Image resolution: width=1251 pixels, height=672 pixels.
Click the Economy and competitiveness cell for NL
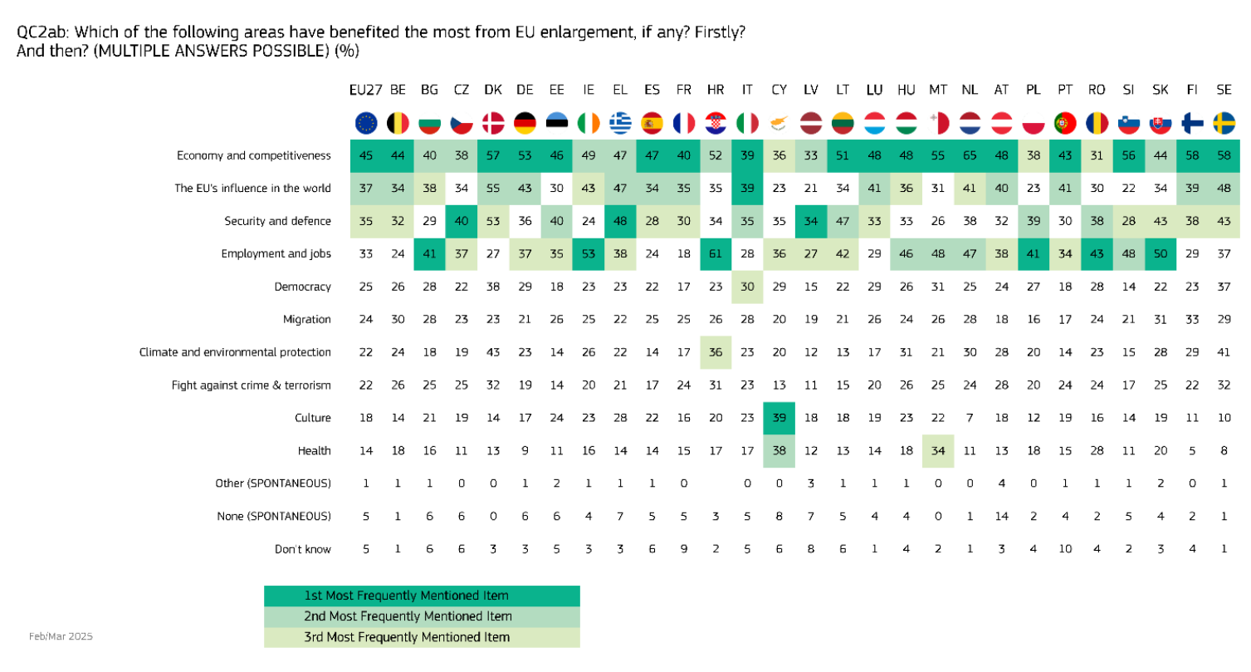pos(970,155)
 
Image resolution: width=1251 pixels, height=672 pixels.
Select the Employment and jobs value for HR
pos(716,253)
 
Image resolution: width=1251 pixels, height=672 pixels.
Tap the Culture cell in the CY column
pos(779,418)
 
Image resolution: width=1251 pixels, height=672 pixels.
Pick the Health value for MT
pos(938,450)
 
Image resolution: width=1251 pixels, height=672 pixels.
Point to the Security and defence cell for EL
pos(620,221)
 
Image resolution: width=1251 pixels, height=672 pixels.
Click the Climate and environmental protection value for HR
pos(716,352)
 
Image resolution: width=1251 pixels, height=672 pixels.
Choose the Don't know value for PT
pos(1066,549)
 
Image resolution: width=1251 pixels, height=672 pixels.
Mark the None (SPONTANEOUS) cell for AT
pos(1002,516)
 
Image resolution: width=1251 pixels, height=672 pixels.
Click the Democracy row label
pos(302,287)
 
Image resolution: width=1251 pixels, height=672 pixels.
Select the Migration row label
pos(308,319)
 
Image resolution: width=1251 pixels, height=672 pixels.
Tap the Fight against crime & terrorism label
pos(251,385)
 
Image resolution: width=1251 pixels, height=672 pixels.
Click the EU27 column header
pos(365,90)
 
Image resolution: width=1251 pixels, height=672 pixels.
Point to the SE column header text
pos(1224,90)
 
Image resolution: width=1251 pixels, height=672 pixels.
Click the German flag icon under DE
pos(525,124)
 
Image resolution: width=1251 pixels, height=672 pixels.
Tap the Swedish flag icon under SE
pos(1224,124)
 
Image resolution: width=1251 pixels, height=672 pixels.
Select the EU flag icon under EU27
pos(365,124)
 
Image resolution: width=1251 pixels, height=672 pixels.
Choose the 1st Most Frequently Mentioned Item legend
pos(422,596)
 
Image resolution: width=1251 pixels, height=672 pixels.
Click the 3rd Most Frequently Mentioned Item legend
pos(422,637)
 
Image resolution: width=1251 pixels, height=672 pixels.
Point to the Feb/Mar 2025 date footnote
pos(61,636)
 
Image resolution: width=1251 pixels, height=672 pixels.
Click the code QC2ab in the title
pos(40,32)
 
